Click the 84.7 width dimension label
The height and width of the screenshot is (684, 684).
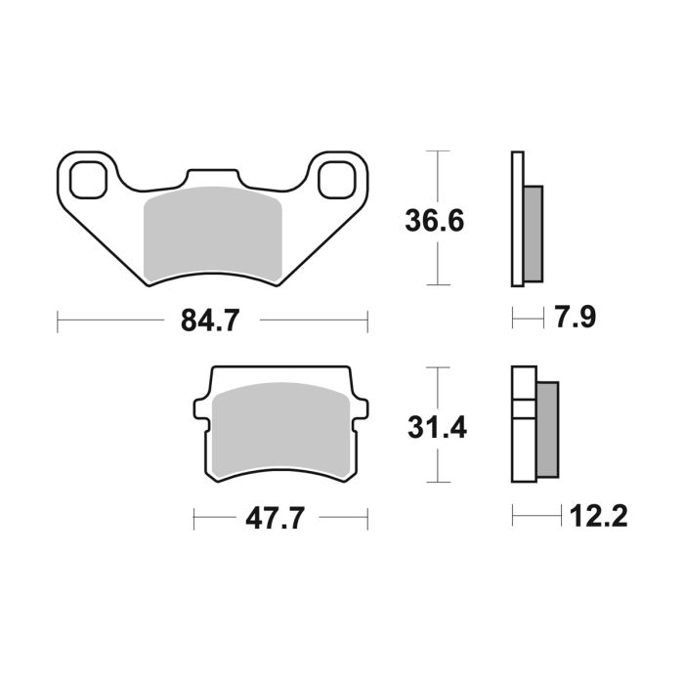tap(210, 320)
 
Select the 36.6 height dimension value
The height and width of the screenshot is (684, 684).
tap(435, 220)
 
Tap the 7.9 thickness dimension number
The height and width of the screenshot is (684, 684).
tap(575, 319)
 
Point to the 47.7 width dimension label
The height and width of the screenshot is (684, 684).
tap(271, 519)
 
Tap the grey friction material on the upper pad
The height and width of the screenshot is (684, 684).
tap(213, 235)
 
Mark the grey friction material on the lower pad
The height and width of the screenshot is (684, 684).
tap(280, 430)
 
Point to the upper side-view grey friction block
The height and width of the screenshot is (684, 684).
tap(534, 233)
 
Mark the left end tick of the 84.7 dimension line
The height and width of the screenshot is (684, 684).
tap(58, 321)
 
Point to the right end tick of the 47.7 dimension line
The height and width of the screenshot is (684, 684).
tap(366, 519)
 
